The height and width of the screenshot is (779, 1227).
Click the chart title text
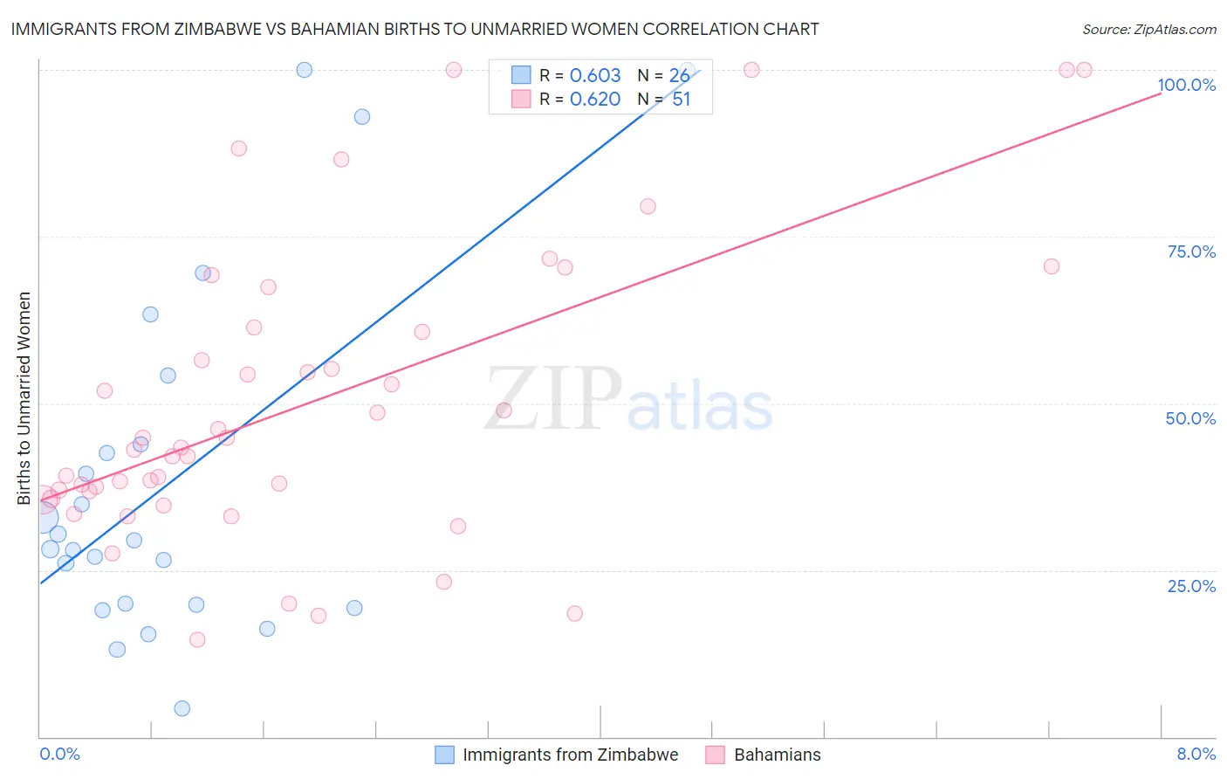(x=415, y=29)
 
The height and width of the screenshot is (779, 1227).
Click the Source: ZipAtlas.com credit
(x=1148, y=30)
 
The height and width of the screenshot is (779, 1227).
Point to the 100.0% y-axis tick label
(x=1186, y=85)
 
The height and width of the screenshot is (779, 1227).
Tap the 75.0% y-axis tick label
(x=1191, y=252)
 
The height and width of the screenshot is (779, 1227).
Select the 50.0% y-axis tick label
(x=1190, y=418)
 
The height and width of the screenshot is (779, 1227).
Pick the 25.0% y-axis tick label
(x=1191, y=585)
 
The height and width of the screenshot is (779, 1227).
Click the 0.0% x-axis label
(x=59, y=754)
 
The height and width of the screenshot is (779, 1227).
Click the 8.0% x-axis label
(x=1196, y=754)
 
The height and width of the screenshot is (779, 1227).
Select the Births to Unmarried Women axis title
(x=24, y=398)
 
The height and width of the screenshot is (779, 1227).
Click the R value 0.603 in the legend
(x=595, y=76)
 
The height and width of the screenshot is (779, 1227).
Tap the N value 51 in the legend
(x=681, y=100)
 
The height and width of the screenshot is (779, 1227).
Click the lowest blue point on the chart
(x=182, y=708)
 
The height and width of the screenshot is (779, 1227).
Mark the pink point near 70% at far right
(x=1052, y=266)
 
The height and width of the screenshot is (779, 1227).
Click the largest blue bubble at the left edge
(x=42, y=519)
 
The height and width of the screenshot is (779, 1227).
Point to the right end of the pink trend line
(x=1161, y=92)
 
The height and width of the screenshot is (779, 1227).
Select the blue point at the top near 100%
(x=305, y=70)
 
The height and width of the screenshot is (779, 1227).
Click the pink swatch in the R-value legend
(x=521, y=99)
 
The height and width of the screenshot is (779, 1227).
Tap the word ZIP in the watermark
(x=553, y=399)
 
